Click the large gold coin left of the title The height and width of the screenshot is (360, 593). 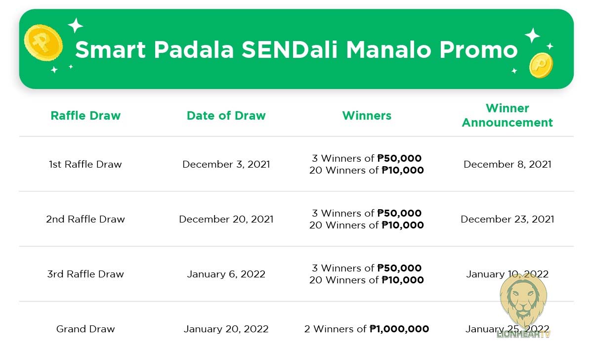pyautogui.click(x=43, y=43)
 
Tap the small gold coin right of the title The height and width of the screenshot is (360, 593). pyautogui.click(x=541, y=65)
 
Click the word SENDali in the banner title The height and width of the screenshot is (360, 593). pyautogui.click(x=290, y=49)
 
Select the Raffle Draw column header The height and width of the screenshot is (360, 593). pyautogui.click(x=85, y=116)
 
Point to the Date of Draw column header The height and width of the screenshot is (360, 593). pyautogui.click(x=226, y=116)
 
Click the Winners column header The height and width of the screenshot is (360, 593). pyautogui.click(x=367, y=116)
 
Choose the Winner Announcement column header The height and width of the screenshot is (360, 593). pyautogui.click(x=507, y=115)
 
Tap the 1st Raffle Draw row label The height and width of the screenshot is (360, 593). pyautogui.click(x=85, y=164)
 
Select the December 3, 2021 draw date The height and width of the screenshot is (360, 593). pyautogui.click(x=226, y=164)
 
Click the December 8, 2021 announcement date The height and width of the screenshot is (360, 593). pyautogui.click(x=507, y=164)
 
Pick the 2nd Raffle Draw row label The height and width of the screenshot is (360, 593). pyautogui.click(x=85, y=219)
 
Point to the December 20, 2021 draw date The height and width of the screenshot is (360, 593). pyautogui.click(x=226, y=219)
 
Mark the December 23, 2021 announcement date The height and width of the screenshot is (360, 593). pyautogui.click(x=507, y=219)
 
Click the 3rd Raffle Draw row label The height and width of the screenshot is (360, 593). pyautogui.click(x=85, y=274)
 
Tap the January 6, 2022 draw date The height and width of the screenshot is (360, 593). pyautogui.click(x=226, y=274)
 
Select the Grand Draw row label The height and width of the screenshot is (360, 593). pyautogui.click(x=85, y=329)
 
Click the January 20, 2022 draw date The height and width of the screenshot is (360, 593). pyautogui.click(x=226, y=329)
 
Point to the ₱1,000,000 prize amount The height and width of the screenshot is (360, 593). pyautogui.click(x=399, y=329)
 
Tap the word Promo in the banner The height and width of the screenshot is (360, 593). pyautogui.click(x=479, y=49)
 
